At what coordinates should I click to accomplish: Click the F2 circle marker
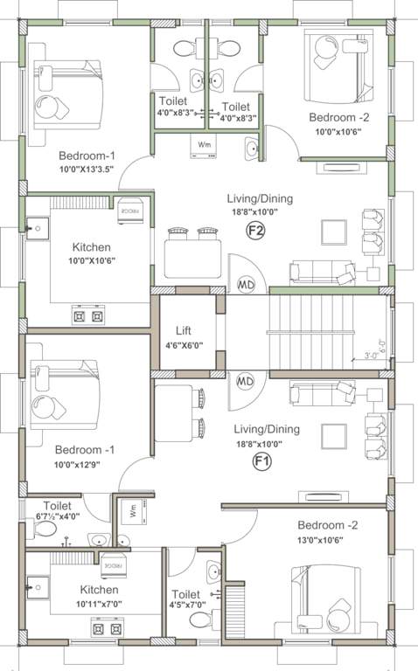(256, 231)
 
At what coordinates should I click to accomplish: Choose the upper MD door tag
(246, 285)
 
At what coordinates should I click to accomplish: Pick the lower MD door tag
(246, 382)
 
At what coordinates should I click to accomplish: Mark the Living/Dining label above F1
(267, 429)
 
